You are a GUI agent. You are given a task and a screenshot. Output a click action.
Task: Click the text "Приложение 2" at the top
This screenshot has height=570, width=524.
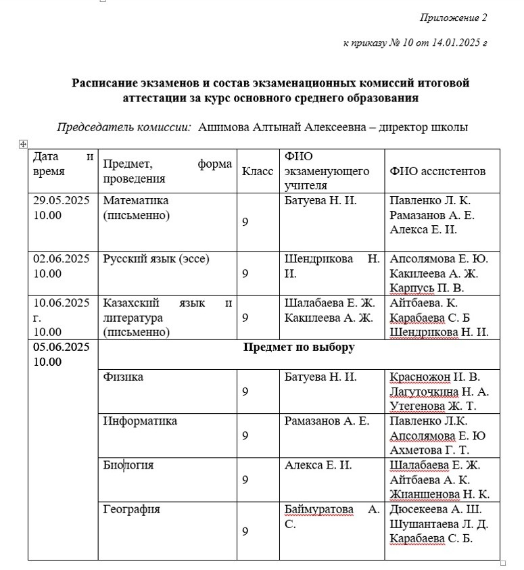coord(453,18)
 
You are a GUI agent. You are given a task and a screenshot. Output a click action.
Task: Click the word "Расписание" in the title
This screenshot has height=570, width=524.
coord(106,83)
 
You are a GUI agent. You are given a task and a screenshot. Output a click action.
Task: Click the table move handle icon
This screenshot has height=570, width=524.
coord(23,143)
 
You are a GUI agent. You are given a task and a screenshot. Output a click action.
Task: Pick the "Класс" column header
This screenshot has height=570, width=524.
coord(258,171)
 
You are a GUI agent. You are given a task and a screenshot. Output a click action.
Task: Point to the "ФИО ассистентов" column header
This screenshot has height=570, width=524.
coord(437,171)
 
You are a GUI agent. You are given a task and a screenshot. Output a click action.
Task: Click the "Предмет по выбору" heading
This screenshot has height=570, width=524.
coord(299,348)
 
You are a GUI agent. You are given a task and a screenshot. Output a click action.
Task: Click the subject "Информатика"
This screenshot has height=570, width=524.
coord(140,421)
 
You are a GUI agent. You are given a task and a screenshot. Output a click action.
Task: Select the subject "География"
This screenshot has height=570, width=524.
coord(132,509)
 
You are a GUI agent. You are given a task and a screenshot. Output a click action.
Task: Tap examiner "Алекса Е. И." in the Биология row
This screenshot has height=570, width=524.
coord(318,465)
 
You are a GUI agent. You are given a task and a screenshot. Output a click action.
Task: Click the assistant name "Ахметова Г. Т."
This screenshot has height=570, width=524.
coord(428,450)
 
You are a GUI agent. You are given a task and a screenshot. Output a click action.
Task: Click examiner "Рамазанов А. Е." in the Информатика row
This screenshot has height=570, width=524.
coord(327,421)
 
